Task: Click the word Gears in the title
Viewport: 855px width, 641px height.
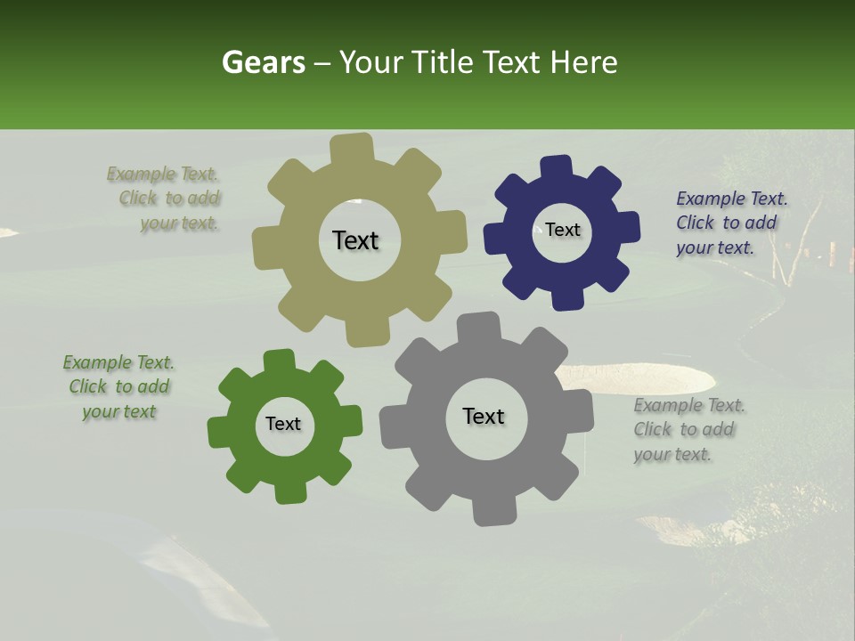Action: click(x=263, y=62)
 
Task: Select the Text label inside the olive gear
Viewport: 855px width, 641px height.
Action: click(x=355, y=240)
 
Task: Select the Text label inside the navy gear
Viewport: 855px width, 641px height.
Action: click(x=563, y=230)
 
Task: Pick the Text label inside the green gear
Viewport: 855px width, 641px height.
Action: click(x=283, y=424)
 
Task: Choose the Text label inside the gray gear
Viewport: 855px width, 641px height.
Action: click(x=484, y=416)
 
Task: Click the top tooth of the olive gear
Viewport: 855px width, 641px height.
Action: click(x=351, y=148)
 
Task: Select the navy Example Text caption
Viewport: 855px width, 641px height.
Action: click(x=731, y=223)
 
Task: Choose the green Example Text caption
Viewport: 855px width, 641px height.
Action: click(x=118, y=386)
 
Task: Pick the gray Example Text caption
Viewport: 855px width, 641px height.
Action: click(x=688, y=429)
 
